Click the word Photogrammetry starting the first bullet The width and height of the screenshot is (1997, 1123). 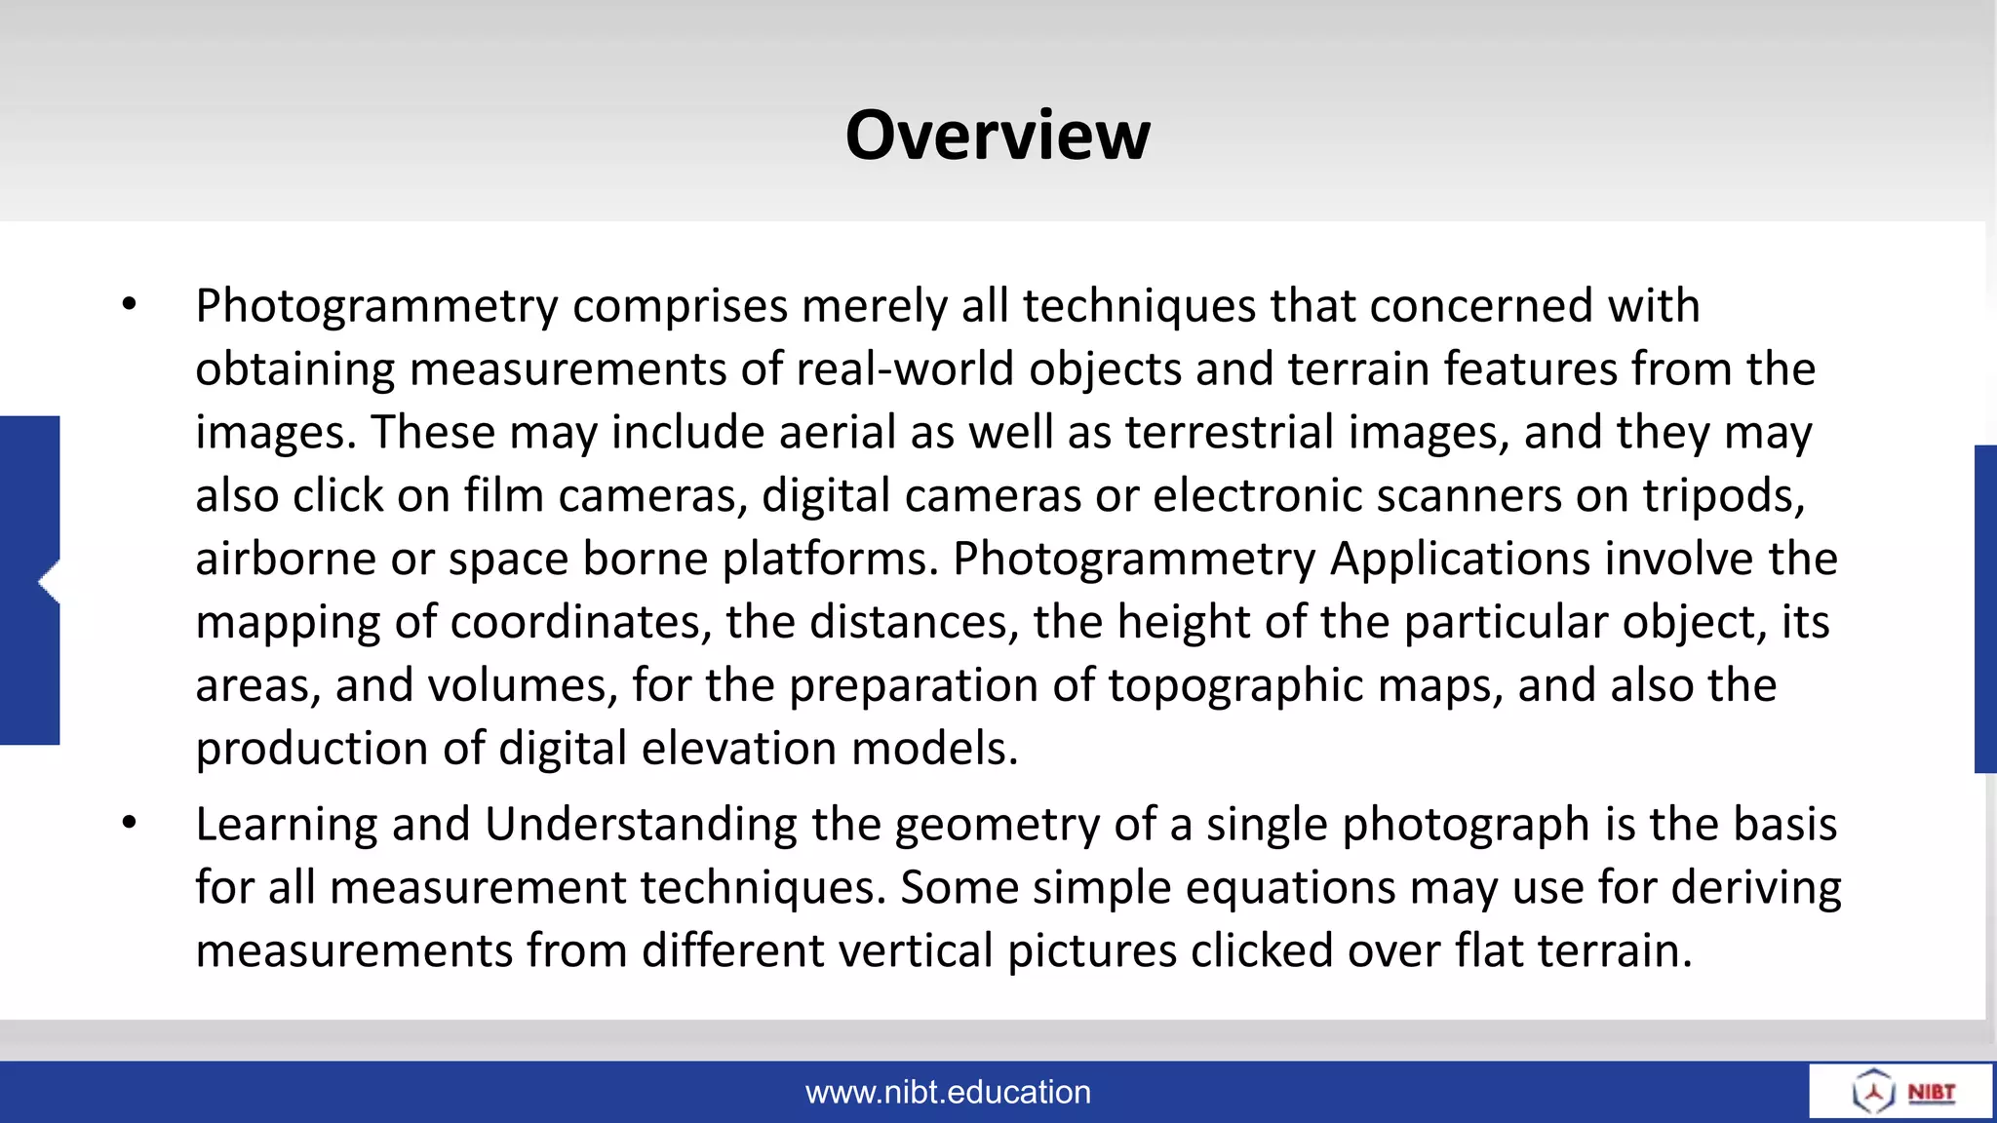[x=376, y=307]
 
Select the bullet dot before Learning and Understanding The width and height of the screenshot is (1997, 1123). [x=130, y=824]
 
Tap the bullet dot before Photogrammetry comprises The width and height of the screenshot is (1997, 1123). [x=130, y=305]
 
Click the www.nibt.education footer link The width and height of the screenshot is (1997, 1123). [x=948, y=1092]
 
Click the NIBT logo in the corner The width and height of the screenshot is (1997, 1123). [x=1901, y=1092]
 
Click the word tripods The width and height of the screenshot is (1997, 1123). [x=1724, y=496]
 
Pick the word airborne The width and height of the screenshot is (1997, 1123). [x=286, y=560]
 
